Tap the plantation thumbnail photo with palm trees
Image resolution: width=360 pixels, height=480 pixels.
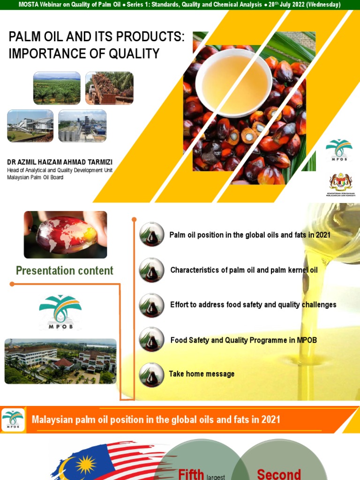57,88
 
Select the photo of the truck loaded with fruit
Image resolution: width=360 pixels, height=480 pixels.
109,88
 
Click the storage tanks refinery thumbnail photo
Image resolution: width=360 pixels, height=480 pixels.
82,126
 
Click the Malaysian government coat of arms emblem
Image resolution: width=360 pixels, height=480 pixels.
340,182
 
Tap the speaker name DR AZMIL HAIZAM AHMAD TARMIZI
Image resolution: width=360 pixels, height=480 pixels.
60,162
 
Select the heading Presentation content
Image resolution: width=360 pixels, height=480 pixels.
65,270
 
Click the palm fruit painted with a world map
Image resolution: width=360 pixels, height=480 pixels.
66,234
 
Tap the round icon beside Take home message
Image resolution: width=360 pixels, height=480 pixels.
152,375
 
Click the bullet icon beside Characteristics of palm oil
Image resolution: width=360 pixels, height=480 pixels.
152,270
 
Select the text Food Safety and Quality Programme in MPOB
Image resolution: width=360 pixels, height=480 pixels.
243,340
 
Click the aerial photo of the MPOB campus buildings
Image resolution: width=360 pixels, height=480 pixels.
60,361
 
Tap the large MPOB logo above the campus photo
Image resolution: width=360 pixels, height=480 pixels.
60,312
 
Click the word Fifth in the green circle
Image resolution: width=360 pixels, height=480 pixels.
191,473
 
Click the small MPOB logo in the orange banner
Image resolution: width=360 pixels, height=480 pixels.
13,420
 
